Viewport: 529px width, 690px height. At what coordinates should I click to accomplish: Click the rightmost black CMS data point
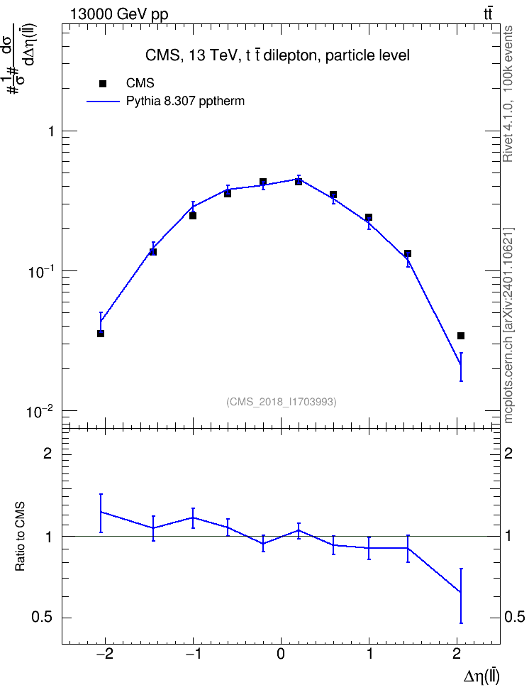coord(461,336)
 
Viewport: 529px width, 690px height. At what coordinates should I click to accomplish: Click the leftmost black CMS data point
coord(101,334)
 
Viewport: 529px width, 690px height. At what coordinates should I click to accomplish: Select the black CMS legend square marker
coord(103,84)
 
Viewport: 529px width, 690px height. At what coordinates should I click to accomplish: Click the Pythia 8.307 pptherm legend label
coord(185,102)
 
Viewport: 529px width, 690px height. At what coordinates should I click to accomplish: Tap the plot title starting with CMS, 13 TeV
coord(277,55)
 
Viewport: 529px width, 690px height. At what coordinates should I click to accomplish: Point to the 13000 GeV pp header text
coord(118,14)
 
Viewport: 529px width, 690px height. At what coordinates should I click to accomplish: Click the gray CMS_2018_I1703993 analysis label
coord(282,402)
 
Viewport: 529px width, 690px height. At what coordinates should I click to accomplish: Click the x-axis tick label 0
coord(281,654)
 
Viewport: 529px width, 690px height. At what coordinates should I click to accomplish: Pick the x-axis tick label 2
coord(457,654)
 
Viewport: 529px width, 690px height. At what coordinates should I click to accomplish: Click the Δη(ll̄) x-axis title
coord(481,677)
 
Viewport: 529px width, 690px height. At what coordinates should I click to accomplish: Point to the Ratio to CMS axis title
coord(20,537)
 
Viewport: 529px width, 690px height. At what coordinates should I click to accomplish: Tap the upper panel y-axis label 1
coord(52,131)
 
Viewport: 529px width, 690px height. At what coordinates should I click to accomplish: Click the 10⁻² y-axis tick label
coord(40,412)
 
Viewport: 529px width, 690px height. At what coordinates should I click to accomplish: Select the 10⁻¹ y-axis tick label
coord(40,271)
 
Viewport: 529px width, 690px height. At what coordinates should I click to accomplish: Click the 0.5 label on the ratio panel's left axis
coord(42,618)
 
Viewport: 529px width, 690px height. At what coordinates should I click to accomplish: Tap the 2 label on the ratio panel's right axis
coord(508,453)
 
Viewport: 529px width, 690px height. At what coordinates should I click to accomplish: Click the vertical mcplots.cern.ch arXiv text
coord(508,326)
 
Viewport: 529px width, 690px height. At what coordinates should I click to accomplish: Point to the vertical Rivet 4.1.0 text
coord(508,94)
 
